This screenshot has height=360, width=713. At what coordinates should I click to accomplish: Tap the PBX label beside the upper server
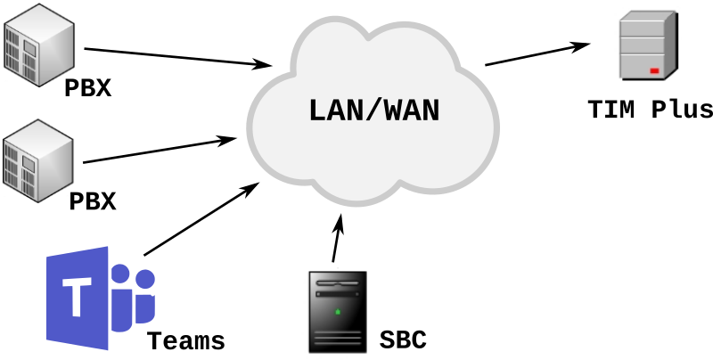(87, 89)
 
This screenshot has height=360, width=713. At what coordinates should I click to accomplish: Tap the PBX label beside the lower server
(93, 201)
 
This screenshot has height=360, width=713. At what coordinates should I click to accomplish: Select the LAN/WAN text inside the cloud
(374, 111)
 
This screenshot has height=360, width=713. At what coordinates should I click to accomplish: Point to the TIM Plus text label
(650, 110)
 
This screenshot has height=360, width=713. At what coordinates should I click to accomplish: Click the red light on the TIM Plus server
(654, 70)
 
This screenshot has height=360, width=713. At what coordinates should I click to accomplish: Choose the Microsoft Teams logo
(100, 298)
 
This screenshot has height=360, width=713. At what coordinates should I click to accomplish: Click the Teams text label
(185, 341)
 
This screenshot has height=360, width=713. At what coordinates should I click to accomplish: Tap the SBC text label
(403, 340)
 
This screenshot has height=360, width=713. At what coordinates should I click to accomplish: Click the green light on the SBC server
(336, 312)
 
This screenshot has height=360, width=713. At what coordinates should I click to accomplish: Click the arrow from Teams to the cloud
(200, 219)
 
